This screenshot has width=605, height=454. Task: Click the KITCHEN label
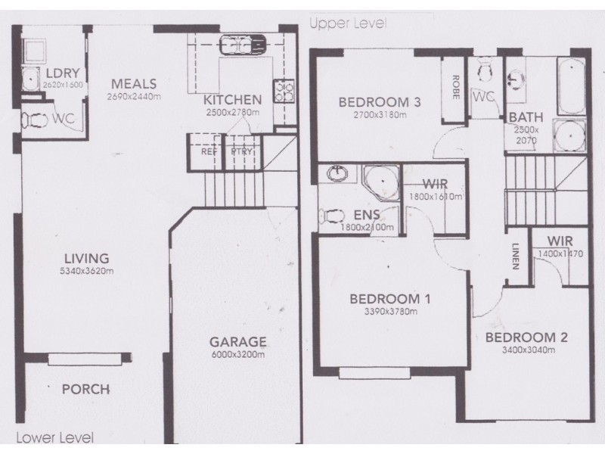coord(232,99)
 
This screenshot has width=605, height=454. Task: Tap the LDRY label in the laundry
coord(57,73)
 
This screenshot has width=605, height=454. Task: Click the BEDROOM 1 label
coord(389,298)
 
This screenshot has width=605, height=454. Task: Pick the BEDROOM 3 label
coord(379,102)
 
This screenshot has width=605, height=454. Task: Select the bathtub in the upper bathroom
coord(568,78)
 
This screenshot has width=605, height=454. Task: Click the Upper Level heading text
coord(348,23)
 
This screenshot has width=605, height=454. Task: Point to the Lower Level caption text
coord(54,437)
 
